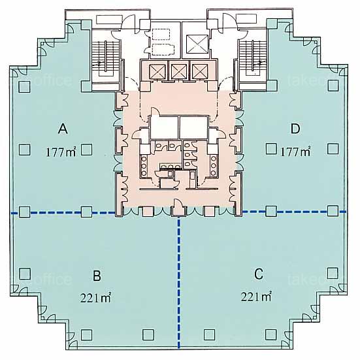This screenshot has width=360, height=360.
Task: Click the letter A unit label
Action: click(x=63, y=129)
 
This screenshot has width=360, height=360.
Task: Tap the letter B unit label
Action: click(x=97, y=276)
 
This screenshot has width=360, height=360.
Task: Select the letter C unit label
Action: click(x=259, y=274)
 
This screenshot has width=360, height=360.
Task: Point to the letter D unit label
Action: click(x=295, y=129)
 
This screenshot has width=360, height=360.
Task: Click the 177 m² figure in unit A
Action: click(x=61, y=152)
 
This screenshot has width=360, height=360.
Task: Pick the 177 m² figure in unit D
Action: click(x=296, y=152)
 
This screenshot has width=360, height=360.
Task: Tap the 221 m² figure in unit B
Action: click(x=96, y=297)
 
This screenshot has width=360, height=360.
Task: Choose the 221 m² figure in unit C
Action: click(x=257, y=297)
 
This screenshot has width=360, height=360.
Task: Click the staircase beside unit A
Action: click(x=106, y=59)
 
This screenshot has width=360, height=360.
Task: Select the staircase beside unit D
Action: click(x=253, y=58)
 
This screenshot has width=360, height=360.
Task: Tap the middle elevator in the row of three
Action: click(x=179, y=71)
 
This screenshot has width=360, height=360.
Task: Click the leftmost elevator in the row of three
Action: click(x=157, y=71)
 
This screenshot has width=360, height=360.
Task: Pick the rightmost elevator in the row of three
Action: click(x=200, y=71)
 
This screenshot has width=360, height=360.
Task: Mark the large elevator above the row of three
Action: click(x=197, y=44)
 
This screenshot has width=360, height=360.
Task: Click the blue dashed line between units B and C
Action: click(x=179, y=282)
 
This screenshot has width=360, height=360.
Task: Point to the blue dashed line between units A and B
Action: click(x=63, y=213)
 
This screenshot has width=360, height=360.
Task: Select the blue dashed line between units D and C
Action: click(x=294, y=212)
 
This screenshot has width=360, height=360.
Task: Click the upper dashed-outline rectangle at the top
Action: click(x=161, y=35)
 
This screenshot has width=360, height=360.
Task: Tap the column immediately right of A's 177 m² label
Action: click(x=87, y=150)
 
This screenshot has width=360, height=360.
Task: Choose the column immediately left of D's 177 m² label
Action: click(x=271, y=149)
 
